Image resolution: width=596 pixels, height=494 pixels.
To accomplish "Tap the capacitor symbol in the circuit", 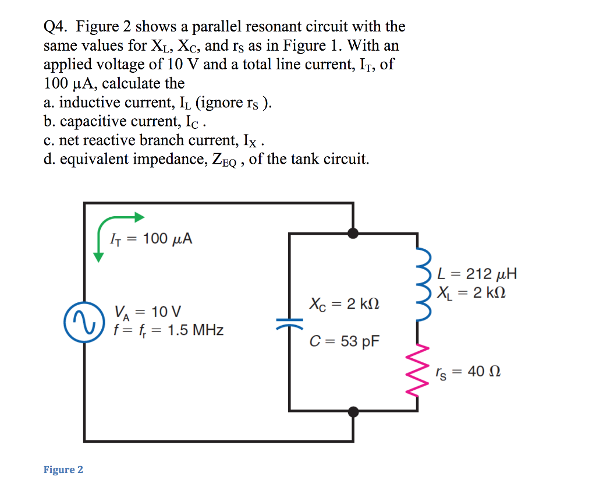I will pos(289,322).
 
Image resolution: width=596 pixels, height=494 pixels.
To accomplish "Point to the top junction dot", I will pos(353,233).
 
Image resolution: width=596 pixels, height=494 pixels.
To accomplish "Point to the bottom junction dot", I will pos(353,412).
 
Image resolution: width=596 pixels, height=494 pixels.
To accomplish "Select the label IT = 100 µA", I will pos(151,239).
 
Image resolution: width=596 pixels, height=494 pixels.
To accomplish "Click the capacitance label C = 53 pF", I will pos(344,341).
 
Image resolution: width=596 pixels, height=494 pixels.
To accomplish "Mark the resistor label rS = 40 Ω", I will pos(468,372).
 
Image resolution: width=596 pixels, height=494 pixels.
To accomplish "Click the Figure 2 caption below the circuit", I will pos(63,470).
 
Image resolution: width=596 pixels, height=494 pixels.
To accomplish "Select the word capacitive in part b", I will pos(95,122).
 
